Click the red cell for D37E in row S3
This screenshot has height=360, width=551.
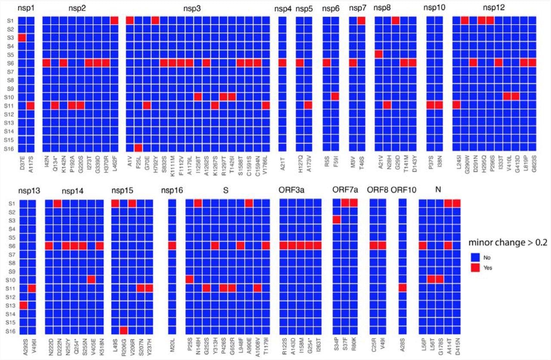[22, 38]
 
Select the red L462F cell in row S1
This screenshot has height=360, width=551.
[114, 20]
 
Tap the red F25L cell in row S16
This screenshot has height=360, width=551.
[138, 148]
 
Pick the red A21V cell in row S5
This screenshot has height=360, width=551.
[379, 54]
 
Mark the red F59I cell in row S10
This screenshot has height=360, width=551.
[335, 96]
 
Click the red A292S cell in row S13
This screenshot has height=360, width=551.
[23, 305]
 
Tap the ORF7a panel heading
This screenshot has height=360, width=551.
[345, 190]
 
